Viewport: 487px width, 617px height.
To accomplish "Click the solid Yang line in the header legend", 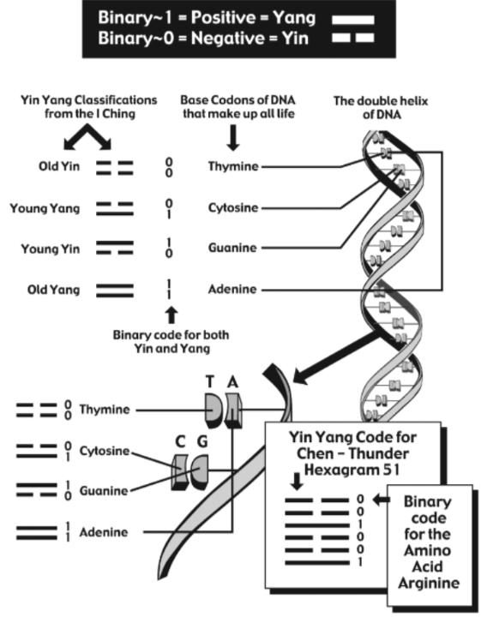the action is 352,20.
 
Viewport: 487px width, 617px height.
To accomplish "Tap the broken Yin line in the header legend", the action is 352,38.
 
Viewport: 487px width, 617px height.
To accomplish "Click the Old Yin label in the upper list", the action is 59,166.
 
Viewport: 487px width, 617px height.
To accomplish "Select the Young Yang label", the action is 45,208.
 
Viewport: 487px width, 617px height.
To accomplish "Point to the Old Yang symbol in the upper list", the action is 115,291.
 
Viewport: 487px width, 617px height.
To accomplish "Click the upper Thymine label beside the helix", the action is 233,166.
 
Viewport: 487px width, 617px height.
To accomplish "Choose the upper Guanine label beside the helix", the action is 232,248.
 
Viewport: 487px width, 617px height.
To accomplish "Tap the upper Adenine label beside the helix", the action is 232,290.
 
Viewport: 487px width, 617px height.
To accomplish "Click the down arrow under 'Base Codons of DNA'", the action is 233,138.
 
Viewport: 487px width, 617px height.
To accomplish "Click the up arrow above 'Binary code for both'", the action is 171,315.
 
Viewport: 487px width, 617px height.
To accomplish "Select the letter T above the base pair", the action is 210,381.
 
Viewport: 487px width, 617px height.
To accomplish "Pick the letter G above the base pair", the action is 202,441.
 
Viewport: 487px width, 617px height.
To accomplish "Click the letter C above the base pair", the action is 180,441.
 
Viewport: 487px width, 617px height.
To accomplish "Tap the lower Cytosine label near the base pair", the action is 105,451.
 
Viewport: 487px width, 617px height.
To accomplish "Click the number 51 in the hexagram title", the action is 391,470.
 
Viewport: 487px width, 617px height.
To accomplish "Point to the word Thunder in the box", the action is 379,453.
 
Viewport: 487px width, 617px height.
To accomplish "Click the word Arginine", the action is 429,583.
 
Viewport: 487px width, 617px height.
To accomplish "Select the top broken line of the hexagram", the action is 317,500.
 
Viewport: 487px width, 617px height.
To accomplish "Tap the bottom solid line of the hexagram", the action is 317,563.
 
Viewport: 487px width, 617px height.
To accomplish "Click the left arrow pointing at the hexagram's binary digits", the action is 381,500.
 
